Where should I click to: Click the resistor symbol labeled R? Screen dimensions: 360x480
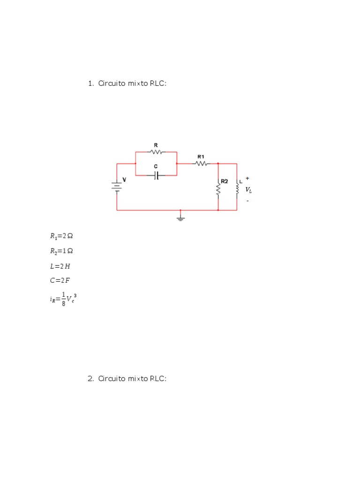(x=156, y=151)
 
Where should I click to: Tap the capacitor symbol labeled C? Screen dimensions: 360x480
(x=157, y=175)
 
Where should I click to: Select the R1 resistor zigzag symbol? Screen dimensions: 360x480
(x=201, y=164)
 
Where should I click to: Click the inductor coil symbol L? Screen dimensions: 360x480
(x=237, y=188)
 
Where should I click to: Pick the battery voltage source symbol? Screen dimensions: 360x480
(x=117, y=187)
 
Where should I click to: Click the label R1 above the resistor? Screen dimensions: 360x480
(x=201, y=157)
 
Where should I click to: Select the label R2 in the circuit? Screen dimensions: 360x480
(x=225, y=181)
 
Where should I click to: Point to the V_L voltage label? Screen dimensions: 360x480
(x=248, y=190)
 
